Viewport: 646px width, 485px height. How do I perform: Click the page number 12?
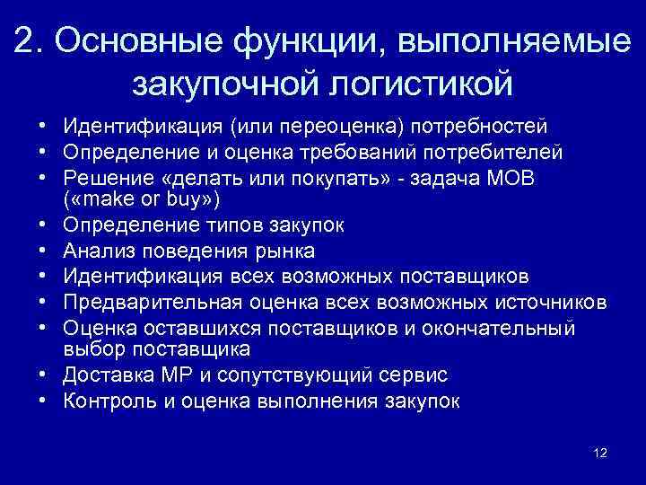(x=600, y=453)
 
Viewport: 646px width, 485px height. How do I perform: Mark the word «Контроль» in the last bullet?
(x=108, y=401)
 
